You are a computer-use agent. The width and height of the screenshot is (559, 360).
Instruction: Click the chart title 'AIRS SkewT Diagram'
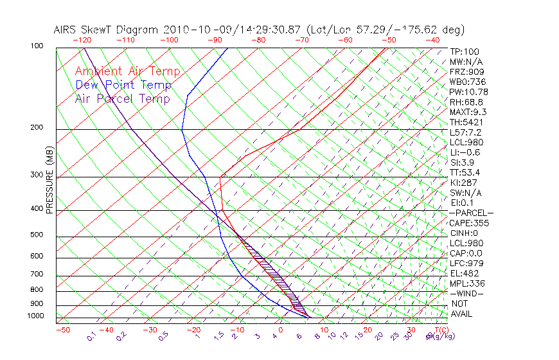107,30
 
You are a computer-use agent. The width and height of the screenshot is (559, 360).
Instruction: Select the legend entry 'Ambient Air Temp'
127,71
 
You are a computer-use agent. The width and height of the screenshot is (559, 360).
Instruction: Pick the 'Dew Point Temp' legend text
123,85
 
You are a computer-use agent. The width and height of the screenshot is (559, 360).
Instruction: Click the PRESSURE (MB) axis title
49,179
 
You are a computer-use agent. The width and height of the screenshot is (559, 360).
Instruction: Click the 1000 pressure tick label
36,316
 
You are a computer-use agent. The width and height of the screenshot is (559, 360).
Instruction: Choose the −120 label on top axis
82,40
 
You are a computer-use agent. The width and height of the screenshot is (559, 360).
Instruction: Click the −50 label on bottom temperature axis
62,330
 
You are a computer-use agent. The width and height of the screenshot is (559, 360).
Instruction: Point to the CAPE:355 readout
469,223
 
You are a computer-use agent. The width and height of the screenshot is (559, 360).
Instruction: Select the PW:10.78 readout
468,91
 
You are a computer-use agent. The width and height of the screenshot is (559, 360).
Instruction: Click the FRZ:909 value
466,71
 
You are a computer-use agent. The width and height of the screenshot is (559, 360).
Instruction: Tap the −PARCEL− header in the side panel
471,213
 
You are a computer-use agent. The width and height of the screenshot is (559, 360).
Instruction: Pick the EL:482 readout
464,273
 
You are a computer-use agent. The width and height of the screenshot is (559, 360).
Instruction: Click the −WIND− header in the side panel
466,293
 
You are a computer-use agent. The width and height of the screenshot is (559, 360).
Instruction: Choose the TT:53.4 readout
466,172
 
